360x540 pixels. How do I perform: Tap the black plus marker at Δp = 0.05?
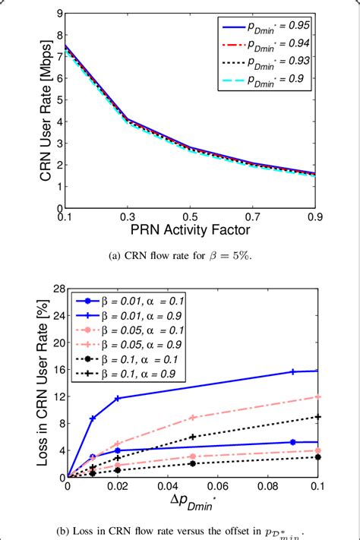point(193,437)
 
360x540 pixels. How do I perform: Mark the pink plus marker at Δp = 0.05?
point(193,417)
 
